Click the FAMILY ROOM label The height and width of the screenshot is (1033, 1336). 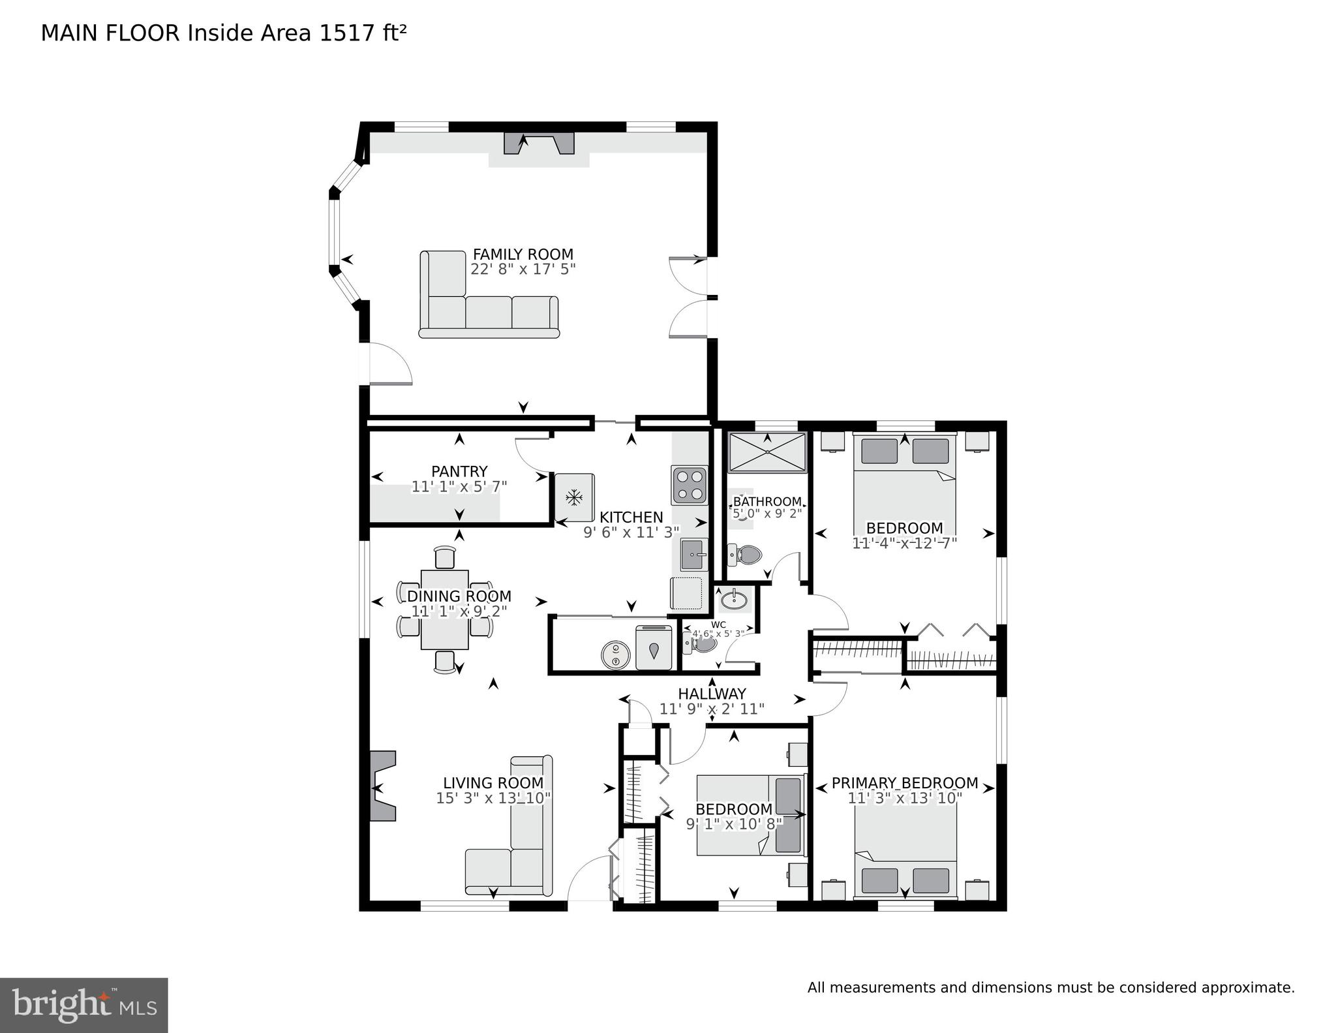[523, 254]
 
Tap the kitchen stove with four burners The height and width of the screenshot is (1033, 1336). [689, 485]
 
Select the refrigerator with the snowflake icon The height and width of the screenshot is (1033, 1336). [574, 498]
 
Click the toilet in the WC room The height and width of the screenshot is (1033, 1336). [699, 644]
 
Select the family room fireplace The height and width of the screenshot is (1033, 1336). [539, 144]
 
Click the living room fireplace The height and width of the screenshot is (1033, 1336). [383, 786]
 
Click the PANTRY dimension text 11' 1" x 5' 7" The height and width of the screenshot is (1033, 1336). [459, 487]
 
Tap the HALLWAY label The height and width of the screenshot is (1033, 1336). [712, 694]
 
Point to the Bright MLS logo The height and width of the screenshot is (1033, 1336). [83, 1004]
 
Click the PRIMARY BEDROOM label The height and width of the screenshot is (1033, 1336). [904, 783]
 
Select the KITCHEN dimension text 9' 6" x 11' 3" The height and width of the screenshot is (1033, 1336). [631, 532]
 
